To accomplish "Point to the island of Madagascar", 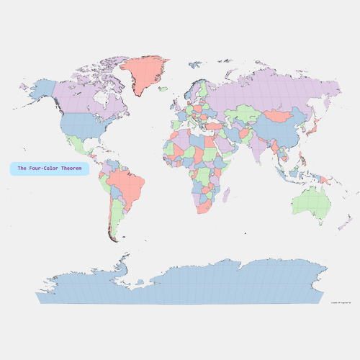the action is click(225, 195).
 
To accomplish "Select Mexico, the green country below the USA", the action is click(84, 148).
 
